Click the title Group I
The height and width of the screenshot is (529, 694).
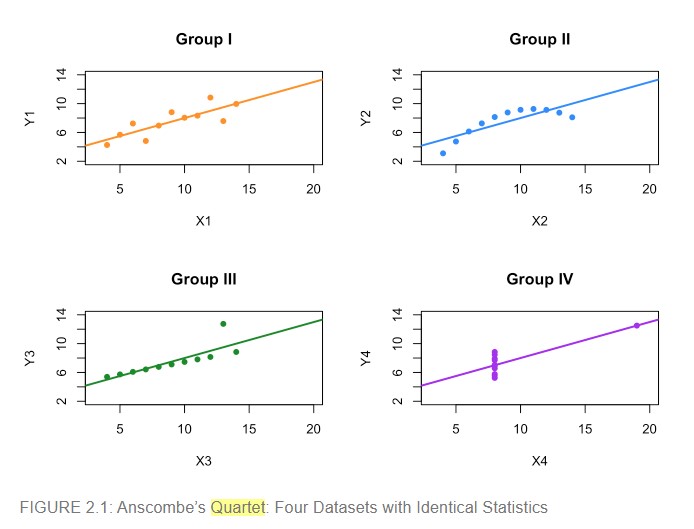point(204,40)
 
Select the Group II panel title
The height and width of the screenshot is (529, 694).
point(539,40)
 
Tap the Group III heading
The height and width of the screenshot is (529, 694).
point(204,279)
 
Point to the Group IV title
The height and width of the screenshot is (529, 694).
point(539,279)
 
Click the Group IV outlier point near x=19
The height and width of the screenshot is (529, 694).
point(637,325)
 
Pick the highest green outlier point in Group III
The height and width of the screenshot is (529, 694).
point(223,323)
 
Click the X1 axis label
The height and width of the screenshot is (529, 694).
point(204,220)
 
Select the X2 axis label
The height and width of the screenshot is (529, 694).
point(539,220)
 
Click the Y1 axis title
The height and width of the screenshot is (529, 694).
point(29,117)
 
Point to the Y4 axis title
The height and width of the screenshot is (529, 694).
point(365,357)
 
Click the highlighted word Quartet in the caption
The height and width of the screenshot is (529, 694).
point(238,507)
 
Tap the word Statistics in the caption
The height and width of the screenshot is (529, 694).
point(514,507)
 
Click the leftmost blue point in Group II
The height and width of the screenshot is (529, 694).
point(443,153)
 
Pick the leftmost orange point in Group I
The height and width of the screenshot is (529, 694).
point(107,145)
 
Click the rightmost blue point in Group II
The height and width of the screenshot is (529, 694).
point(572,117)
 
